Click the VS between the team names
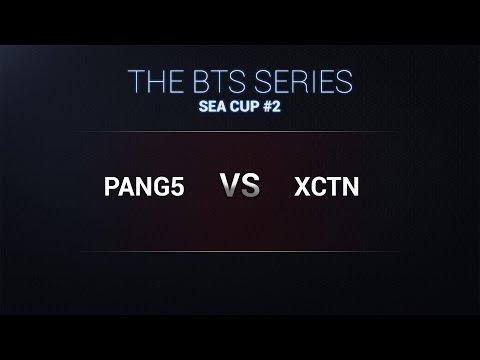click(240, 186)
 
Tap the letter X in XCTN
click(302, 187)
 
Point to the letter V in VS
click(230, 186)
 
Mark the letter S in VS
click(251, 186)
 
